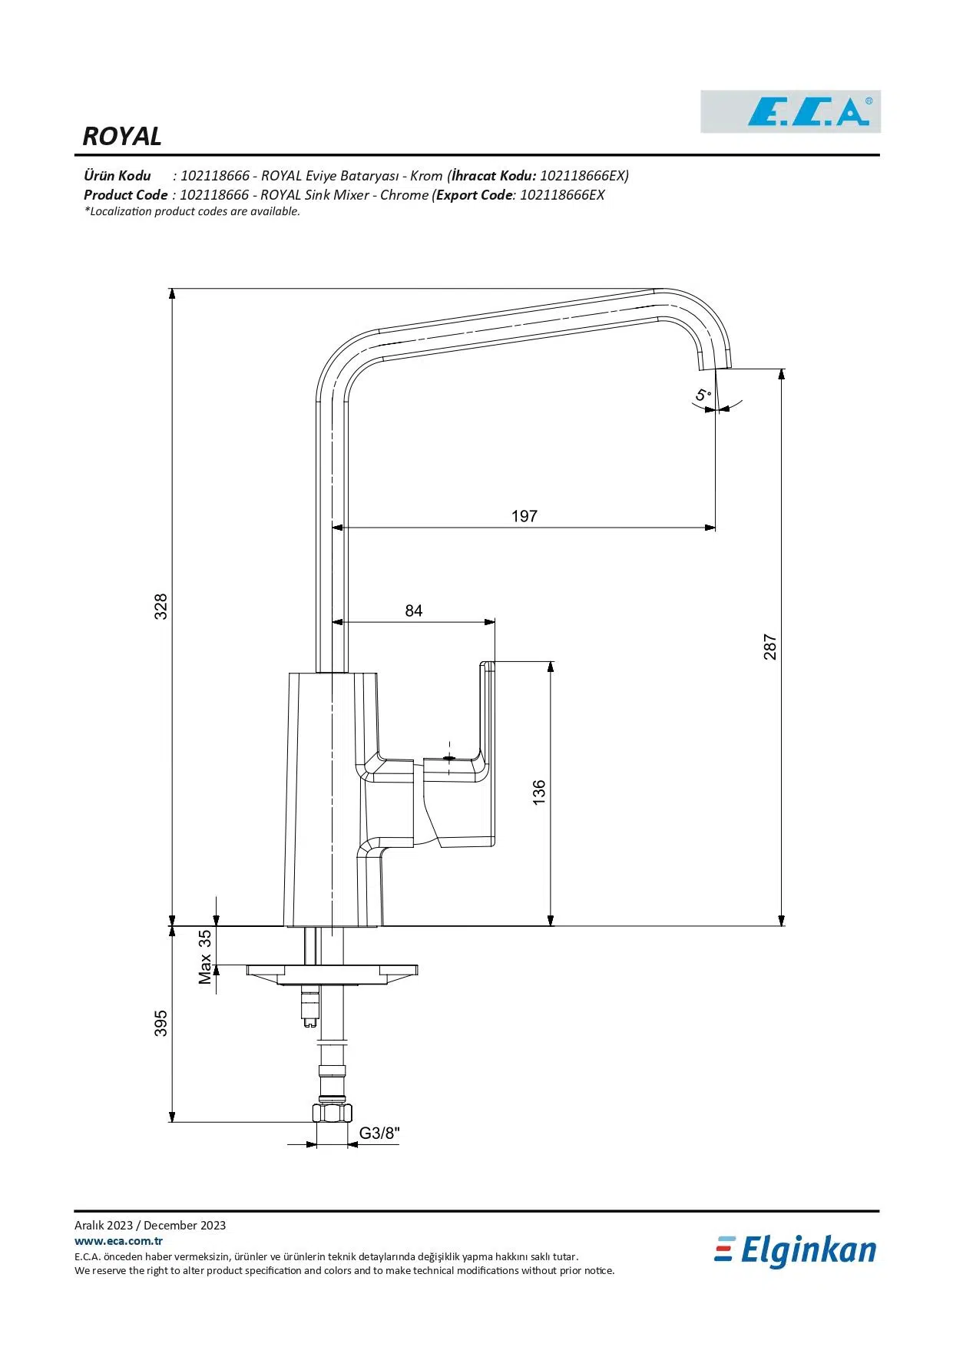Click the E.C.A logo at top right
pos(790,112)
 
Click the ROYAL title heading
pos(122,136)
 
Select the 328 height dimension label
pos(160,607)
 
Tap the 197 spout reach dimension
pos(524,516)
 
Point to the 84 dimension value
pos(414,611)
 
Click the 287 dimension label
pos(770,647)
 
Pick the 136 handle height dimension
pos(539,792)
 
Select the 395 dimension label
pos(160,1023)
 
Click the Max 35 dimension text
pos(205,957)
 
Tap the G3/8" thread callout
pos(379,1133)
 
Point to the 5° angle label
pos(703,396)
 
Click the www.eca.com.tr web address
pos(118,1240)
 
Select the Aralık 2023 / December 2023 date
pos(150,1225)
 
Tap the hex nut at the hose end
pos(332,1113)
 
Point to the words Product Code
pos(125,195)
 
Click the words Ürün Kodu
pos(117,176)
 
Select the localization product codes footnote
pos(192,211)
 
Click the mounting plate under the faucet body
pos(332,971)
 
